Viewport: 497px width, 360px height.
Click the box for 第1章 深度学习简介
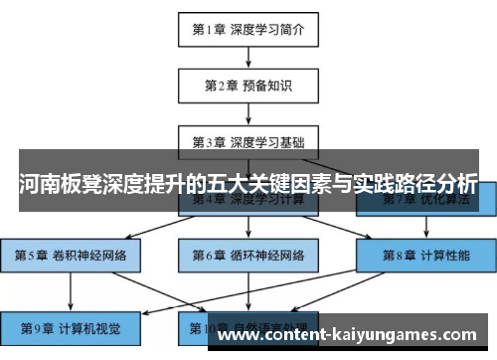point(248,30)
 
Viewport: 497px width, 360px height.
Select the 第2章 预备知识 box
point(248,86)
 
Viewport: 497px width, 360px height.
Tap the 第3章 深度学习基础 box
point(248,141)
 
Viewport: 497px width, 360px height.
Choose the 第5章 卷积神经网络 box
point(71,256)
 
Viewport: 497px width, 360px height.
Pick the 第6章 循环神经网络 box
point(248,256)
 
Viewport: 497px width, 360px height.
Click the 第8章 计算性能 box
point(425,256)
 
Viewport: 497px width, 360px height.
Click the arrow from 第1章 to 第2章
point(248,58)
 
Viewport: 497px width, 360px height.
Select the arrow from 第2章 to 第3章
point(248,113)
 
